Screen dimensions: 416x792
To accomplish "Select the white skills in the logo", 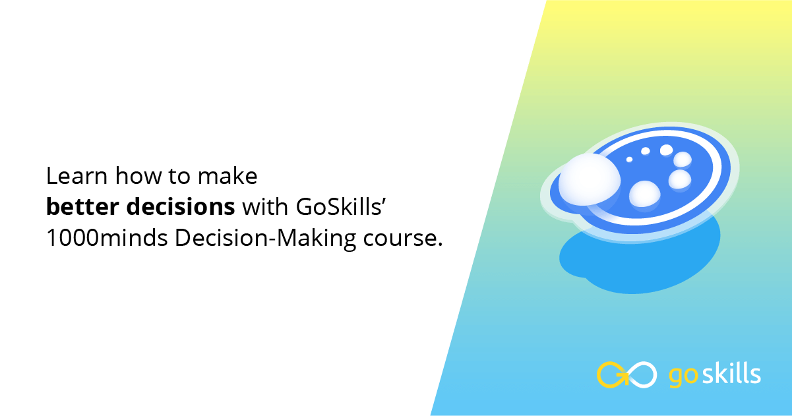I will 729,374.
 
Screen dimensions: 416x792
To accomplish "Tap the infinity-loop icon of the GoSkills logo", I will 626,374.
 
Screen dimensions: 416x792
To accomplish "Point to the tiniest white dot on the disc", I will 629,159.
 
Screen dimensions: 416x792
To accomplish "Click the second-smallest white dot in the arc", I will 646,152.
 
